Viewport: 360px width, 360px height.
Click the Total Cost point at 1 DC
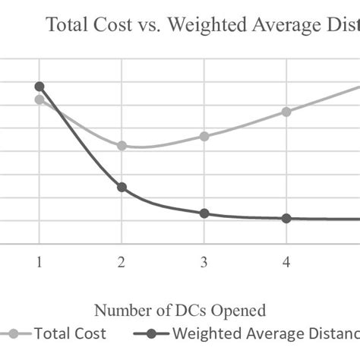click(x=39, y=99)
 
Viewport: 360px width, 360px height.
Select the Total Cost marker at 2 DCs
click(x=122, y=145)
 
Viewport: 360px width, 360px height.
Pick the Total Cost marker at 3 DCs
click(x=204, y=136)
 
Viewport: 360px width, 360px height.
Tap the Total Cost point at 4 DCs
click(x=286, y=112)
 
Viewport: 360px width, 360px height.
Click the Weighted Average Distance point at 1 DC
click(x=39, y=87)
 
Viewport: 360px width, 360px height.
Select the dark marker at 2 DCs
click(x=122, y=187)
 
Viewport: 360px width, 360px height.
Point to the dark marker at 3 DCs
click(x=204, y=213)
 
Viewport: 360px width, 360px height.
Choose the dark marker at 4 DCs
click(x=286, y=219)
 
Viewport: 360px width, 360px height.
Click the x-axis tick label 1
click(x=39, y=263)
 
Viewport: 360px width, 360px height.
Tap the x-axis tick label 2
click(x=122, y=263)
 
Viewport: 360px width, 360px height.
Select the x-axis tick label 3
click(x=204, y=263)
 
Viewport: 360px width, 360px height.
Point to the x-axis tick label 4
click(x=286, y=263)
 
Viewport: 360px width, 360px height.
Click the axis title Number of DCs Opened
click(x=180, y=310)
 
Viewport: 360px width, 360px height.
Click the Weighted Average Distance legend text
click(x=266, y=333)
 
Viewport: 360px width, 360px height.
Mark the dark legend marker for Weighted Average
click(x=151, y=333)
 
